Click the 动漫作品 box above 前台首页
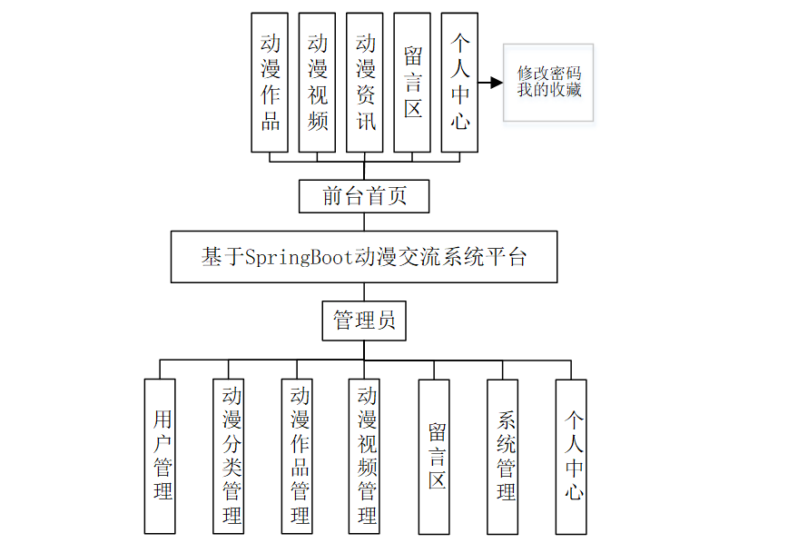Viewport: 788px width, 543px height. click(x=270, y=82)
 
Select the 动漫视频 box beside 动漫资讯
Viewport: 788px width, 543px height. click(x=317, y=82)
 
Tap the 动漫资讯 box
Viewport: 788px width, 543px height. click(x=365, y=82)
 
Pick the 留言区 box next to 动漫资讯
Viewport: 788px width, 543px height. click(x=412, y=82)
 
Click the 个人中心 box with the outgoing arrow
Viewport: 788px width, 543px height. click(x=459, y=82)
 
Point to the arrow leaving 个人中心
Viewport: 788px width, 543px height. click(x=490, y=83)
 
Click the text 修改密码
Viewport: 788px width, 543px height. click(x=548, y=73)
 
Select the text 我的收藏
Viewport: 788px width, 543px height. click(x=548, y=90)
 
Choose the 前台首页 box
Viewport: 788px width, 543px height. click(x=364, y=196)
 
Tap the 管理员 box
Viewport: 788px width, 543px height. click(x=364, y=321)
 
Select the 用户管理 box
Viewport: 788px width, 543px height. click(x=160, y=456)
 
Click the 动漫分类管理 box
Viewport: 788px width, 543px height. click(x=228, y=456)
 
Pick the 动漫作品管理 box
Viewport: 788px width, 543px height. click(x=297, y=456)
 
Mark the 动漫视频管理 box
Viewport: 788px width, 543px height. click(x=365, y=456)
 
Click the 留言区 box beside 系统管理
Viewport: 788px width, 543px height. click(x=434, y=456)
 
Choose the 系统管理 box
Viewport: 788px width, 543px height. click(x=502, y=456)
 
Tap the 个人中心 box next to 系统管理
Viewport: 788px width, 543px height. click(x=571, y=456)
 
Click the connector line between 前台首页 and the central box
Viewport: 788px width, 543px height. click(x=364, y=222)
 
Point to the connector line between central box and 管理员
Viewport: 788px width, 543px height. click(x=364, y=292)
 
